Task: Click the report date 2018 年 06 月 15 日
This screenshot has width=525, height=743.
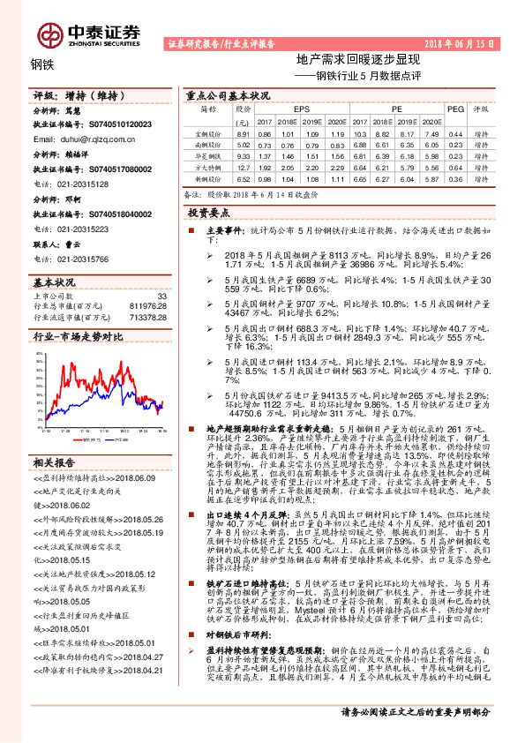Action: pyautogui.click(x=466, y=42)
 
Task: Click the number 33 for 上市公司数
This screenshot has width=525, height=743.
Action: pyautogui.click(x=161, y=296)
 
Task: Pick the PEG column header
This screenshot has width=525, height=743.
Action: pyautogui.click(x=455, y=109)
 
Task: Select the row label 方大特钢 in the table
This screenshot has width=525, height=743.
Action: pyautogui.click(x=208, y=167)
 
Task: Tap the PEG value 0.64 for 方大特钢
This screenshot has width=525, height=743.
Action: pyautogui.click(x=455, y=167)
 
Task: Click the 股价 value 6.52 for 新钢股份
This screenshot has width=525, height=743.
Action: pyautogui.click(x=244, y=178)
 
